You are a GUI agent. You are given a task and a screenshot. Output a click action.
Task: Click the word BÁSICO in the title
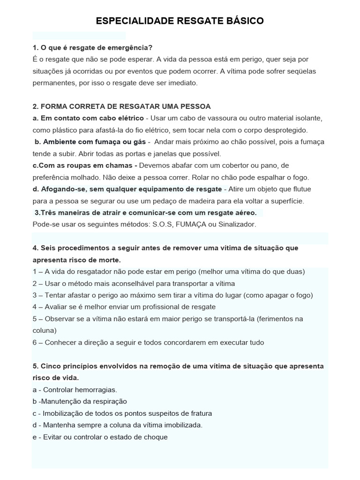pyautogui.click(x=241, y=21)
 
